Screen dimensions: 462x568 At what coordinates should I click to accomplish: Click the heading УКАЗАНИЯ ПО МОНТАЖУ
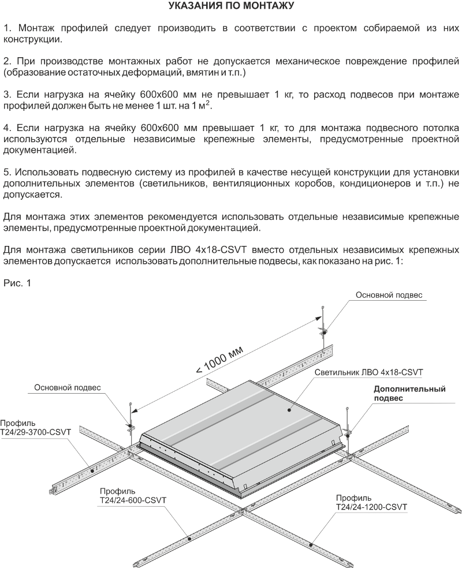[x=231, y=5]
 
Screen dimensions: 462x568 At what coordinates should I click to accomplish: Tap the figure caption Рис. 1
[x=17, y=283]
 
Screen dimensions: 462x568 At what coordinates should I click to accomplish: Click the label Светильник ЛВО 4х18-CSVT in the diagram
[x=368, y=372]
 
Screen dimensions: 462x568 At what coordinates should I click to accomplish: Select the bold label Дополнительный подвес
[x=409, y=394]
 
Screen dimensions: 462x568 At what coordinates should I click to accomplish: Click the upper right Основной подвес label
[x=389, y=295]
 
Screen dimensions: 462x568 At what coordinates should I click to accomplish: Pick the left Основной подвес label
[x=68, y=387]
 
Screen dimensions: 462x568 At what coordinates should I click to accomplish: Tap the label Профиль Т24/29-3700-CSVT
[x=35, y=428]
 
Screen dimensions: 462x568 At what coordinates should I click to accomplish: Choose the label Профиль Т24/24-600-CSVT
[x=133, y=496]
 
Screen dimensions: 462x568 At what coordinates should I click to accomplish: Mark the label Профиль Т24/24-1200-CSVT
[x=371, y=502]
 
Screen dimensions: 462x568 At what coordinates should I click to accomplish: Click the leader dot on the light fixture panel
[x=289, y=410]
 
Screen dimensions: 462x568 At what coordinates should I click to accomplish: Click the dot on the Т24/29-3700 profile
[x=92, y=470]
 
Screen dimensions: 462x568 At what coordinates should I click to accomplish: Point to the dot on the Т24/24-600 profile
[x=189, y=539]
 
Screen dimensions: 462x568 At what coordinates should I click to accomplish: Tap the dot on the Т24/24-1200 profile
[x=311, y=544]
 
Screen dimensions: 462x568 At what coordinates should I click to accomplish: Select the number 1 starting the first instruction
[x=7, y=28]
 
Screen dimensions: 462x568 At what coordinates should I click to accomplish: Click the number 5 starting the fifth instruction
[x=7, y=172]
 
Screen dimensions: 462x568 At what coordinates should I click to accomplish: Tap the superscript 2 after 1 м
[x=207, y=103]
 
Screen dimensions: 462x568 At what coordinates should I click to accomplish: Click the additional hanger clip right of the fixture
[x=348, y=432]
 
